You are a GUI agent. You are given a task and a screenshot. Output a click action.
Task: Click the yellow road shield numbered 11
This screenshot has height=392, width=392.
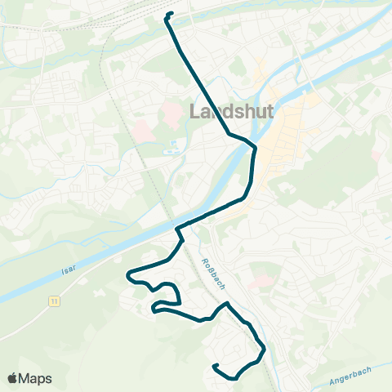coord(54,301)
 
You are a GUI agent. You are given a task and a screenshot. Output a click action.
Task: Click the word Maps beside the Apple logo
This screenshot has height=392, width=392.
coord(37,378)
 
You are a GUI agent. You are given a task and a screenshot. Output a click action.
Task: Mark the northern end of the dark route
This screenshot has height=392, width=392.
coord(170,14)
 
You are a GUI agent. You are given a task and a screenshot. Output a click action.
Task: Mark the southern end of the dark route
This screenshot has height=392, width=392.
coord(214,367)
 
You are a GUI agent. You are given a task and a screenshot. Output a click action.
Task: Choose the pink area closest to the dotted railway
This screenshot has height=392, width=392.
coord(141,130)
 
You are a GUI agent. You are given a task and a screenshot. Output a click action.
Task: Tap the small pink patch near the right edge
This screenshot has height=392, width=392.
coord(376,154)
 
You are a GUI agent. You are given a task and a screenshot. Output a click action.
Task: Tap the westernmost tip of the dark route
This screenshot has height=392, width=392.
coord(127,275)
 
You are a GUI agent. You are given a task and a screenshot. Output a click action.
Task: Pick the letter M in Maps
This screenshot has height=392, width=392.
coord(28,378)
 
